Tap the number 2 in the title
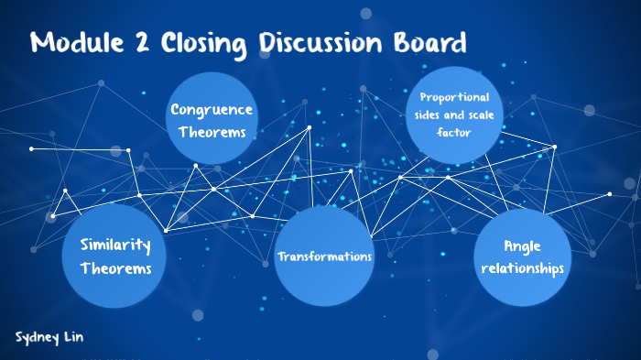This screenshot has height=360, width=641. point(146,43)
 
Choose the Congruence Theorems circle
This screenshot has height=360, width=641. point(212,119)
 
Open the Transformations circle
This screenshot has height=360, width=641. point(325,256)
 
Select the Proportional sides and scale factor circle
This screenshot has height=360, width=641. point(454,114)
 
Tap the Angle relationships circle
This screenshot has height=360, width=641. point(522,257)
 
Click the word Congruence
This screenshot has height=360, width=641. point(212,110)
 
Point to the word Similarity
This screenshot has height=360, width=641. point(115,245)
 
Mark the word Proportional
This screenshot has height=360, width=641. point(454,97)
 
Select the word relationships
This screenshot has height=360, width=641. point(522,268)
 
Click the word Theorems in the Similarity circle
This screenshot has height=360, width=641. point(115,269)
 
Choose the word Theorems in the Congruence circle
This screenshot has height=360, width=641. point(212,132)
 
